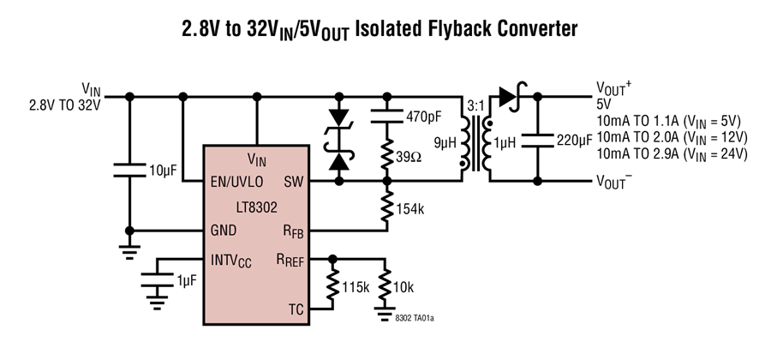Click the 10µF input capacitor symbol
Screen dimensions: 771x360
[130, 171]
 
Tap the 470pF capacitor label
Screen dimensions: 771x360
[424, 117]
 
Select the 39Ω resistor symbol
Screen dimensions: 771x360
[387, 155]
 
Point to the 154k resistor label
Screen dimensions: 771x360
[409, 209]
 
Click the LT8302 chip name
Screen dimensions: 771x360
[257, 207]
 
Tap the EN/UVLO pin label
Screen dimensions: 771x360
[236, 182]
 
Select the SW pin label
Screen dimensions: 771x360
[294, 182]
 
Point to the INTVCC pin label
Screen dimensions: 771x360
[231, 261]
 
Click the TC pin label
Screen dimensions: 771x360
[296, 309]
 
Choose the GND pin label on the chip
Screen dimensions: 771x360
[224, 231]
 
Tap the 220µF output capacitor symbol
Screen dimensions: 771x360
[537, 141]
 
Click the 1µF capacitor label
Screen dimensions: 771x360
[187, 280]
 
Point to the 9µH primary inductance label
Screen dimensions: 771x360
[445, 142]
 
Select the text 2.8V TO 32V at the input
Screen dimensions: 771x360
[64, 105]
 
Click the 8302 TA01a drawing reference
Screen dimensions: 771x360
[415, 318]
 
